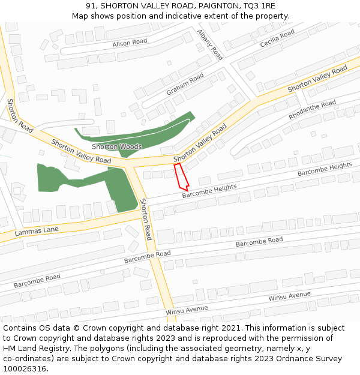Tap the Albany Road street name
pos(209,45)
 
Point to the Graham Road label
pos(185,85)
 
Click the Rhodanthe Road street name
pos(313,109)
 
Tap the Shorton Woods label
pos(117,146)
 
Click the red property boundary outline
pos(181,177)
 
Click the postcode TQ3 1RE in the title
pos(260,6)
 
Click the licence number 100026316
pos(23,369)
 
